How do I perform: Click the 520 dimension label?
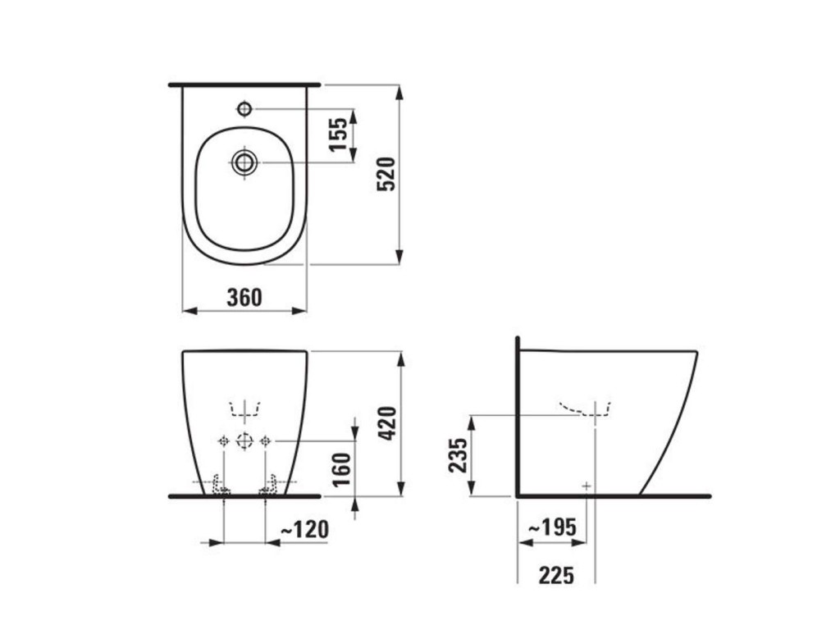[386, 174]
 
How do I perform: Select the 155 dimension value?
[338, 135]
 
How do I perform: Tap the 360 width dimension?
[244, 298]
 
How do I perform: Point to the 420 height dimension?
[387, 423]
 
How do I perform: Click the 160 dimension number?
[341, 470]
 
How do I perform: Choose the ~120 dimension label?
[304, 530]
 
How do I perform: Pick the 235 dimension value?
[458, 455]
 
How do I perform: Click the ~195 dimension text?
[552, 527]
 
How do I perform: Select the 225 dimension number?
[557, 576]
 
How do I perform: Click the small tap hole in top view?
[244, 109]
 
